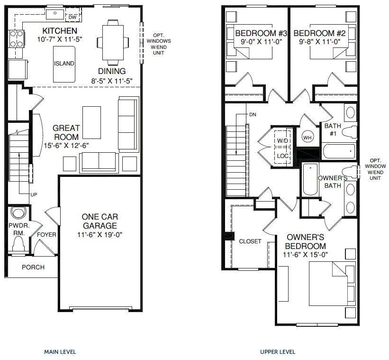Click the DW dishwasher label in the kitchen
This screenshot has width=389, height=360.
click(72, 18)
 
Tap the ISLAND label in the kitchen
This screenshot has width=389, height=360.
click(64, 64)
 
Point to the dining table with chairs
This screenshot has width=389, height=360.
click(113, 42)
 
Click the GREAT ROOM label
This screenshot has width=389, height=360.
click(66, 132)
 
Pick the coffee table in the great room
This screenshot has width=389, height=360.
click(91, 122)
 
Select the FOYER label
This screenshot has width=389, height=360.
click(46, 235)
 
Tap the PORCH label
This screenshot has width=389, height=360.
click(33, 267)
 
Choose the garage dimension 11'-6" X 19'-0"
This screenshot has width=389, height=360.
click(99, 234)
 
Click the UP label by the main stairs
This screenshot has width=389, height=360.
click(34, 194)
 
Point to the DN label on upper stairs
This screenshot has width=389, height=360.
click(252, 115)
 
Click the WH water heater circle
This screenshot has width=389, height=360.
click(307, 138)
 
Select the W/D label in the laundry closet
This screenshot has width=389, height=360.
click(283, 141)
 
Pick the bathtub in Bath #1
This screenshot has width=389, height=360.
click(338, 152)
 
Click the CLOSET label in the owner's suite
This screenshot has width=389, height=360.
click(250, 241)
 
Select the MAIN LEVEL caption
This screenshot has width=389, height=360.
click(60, 352)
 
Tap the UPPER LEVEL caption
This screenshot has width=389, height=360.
click(278, 352)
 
